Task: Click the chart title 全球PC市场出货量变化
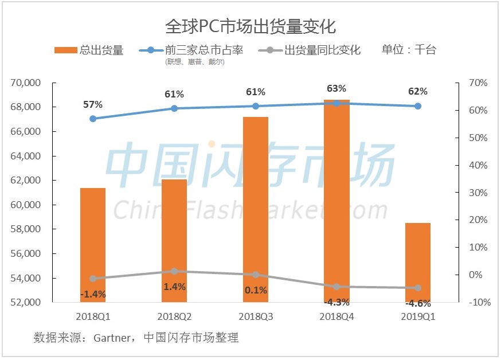pos(250,26)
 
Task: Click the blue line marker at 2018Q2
pos(174,108)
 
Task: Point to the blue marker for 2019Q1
pos(418,106)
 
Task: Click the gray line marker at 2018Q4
pos(336,287)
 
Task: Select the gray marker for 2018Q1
pos(93,279)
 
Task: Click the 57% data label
pos(93,104)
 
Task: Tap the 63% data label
pos(336,88)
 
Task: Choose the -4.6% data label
pos(418,303)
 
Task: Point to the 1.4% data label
pos(174,287)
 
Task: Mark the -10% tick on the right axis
pos(477,303)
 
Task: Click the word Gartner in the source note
pos(112,338)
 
